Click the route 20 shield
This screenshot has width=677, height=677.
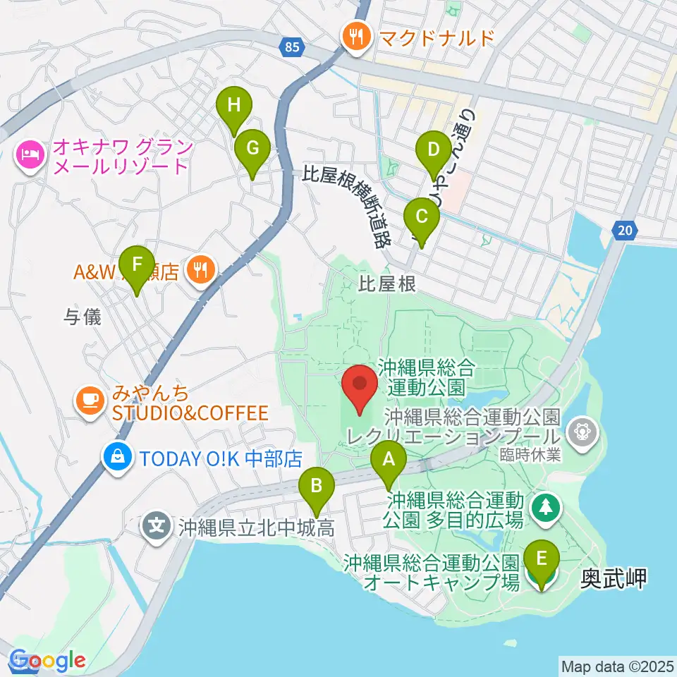pyautogui.click(x=623, y=230)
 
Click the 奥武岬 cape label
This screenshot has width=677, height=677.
pyautogui.click(x=613, y=579)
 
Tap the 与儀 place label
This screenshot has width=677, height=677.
pyautogui.click(x=83, y=318)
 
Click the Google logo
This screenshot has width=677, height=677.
pyautogui.click(x=47, y=661)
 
